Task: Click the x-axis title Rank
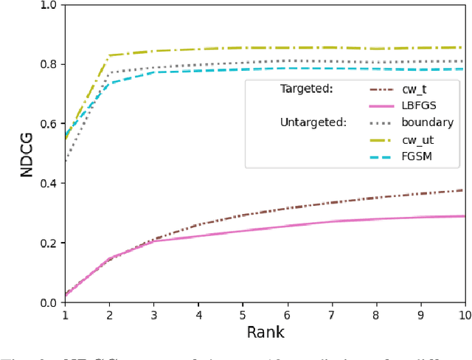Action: pyautogui.click(x=265, y=332)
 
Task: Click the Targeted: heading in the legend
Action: pyautogui.click(x=308, y=89)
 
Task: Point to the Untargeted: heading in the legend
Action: pyautogui.click(x=313, y=122)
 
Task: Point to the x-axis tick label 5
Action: pyautogui.click(x=243, y=314)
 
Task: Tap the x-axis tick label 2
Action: pyautogui.click(x=110, y=314)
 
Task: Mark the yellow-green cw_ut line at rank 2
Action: pyautogui.click(x=110, y=55)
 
